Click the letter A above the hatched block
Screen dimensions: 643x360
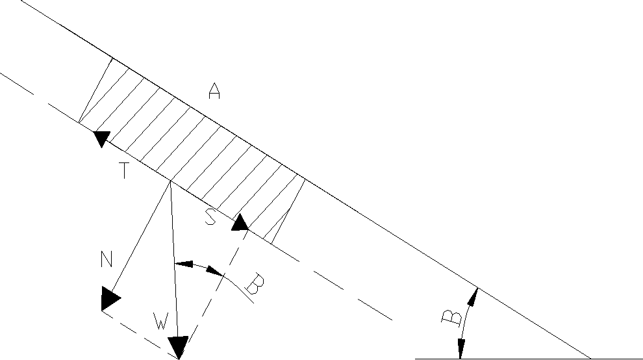click(214, 92)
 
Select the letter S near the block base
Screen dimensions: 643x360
click(210, 218)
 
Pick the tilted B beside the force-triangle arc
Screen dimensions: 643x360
click(255, 285)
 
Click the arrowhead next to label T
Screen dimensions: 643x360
click(101, 138)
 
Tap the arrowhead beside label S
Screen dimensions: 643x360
click(240, 223)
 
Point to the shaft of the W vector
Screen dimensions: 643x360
click(173, 260)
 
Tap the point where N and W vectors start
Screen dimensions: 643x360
click(170, 182)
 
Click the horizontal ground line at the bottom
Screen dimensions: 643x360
click(500, 358)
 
